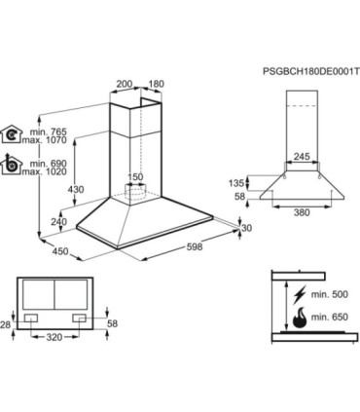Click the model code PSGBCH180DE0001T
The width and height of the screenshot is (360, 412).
[311, 71]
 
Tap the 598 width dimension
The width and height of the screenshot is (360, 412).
[195, 246]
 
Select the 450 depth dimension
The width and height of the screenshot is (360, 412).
[60, 251]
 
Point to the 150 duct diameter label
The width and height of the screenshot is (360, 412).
[134, 177]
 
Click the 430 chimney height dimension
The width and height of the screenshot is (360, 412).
[76, 189]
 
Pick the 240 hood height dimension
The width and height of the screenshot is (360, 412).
[58, 222]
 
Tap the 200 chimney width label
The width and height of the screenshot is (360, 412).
[125, 84]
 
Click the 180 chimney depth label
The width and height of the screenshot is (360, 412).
[157, 84]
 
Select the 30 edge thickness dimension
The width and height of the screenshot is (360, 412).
[247, 228]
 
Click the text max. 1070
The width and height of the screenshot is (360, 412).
[44, 140]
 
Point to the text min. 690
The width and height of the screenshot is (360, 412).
[48, 164]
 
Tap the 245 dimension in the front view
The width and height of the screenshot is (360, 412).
[302, 157]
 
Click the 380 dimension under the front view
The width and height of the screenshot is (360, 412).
[302, 212]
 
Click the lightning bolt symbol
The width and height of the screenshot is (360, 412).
[299, 294]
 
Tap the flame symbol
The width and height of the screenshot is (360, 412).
[299, 317]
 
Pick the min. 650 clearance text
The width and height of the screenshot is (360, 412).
[330, 317]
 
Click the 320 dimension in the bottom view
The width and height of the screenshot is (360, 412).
[54, 337]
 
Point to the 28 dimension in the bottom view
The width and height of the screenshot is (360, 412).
[6, 324]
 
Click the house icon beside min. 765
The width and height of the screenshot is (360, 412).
[11, 133]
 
